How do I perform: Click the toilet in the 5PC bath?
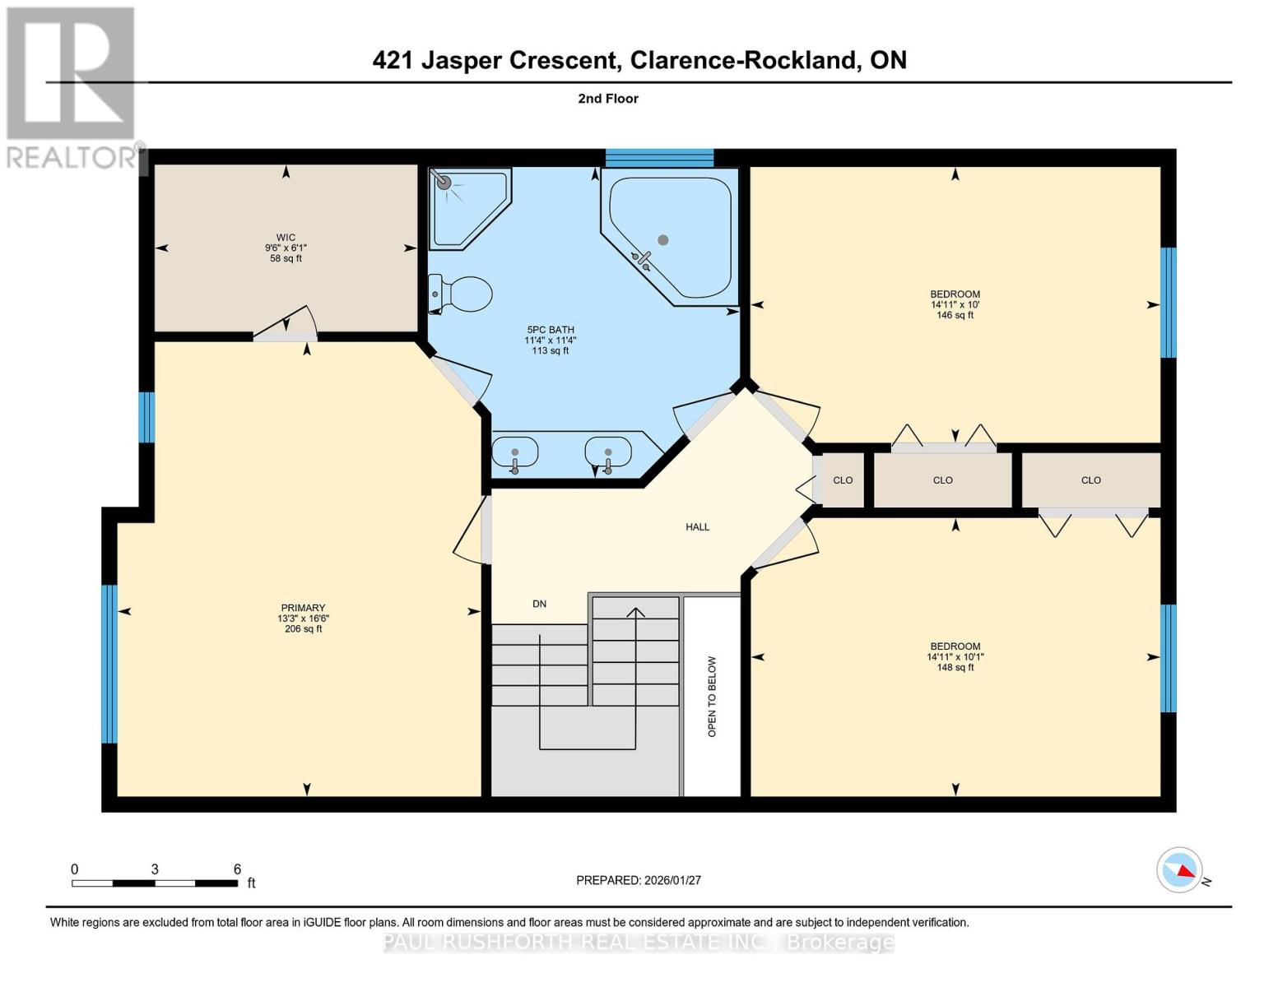tap(462, 294)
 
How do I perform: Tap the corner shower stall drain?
tap(444, 183)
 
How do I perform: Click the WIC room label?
tap(286, 237)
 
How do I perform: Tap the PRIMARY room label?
tap(303, 608)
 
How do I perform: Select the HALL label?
tap(697, 527)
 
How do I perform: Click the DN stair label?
tap(539, 604)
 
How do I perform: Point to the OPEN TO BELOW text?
tap(712, 696)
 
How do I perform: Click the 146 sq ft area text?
tap(955, 315)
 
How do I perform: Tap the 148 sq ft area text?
tap(955, 667)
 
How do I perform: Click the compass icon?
tap(1180, 869)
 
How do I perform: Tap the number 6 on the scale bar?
tap(237, 869)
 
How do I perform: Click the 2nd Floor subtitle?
tap(608, 99)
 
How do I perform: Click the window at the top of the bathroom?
tap(659, 158)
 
